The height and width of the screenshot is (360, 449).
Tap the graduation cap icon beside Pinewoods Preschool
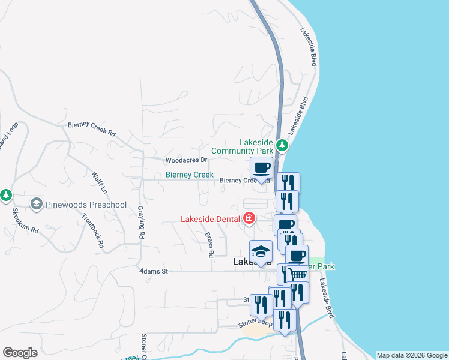pyautogui.click(x=37, y=205)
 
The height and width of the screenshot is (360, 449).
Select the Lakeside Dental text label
pyautogui.click(x=211, y=219)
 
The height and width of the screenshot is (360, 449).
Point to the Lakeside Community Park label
pyautogui.click(x=256, y=146)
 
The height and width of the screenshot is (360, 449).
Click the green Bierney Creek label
pyautogui.click(x=190, y=175)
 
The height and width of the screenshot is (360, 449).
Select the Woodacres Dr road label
pyautogui.click(x=186, y=160)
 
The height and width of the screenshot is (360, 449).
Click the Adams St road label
pyautogui.click(x=153, y=271)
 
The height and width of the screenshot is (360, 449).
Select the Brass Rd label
pyautogui.click(x=209, y=245)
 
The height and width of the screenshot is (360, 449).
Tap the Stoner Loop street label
pyautogui.click(x=252, y=325)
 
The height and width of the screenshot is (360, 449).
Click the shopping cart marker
pyautogui.click(x=297, y=275)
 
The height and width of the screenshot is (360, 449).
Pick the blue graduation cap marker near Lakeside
pyautogui.click(x=261, y=251)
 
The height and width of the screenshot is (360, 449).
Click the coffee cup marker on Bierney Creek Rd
pyautogui.click(x=261, y=168)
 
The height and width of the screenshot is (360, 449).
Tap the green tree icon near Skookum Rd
pyautogui.click(x=6, y=195)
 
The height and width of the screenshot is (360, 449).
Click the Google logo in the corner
pyautogui.click(x=20, y=353)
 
